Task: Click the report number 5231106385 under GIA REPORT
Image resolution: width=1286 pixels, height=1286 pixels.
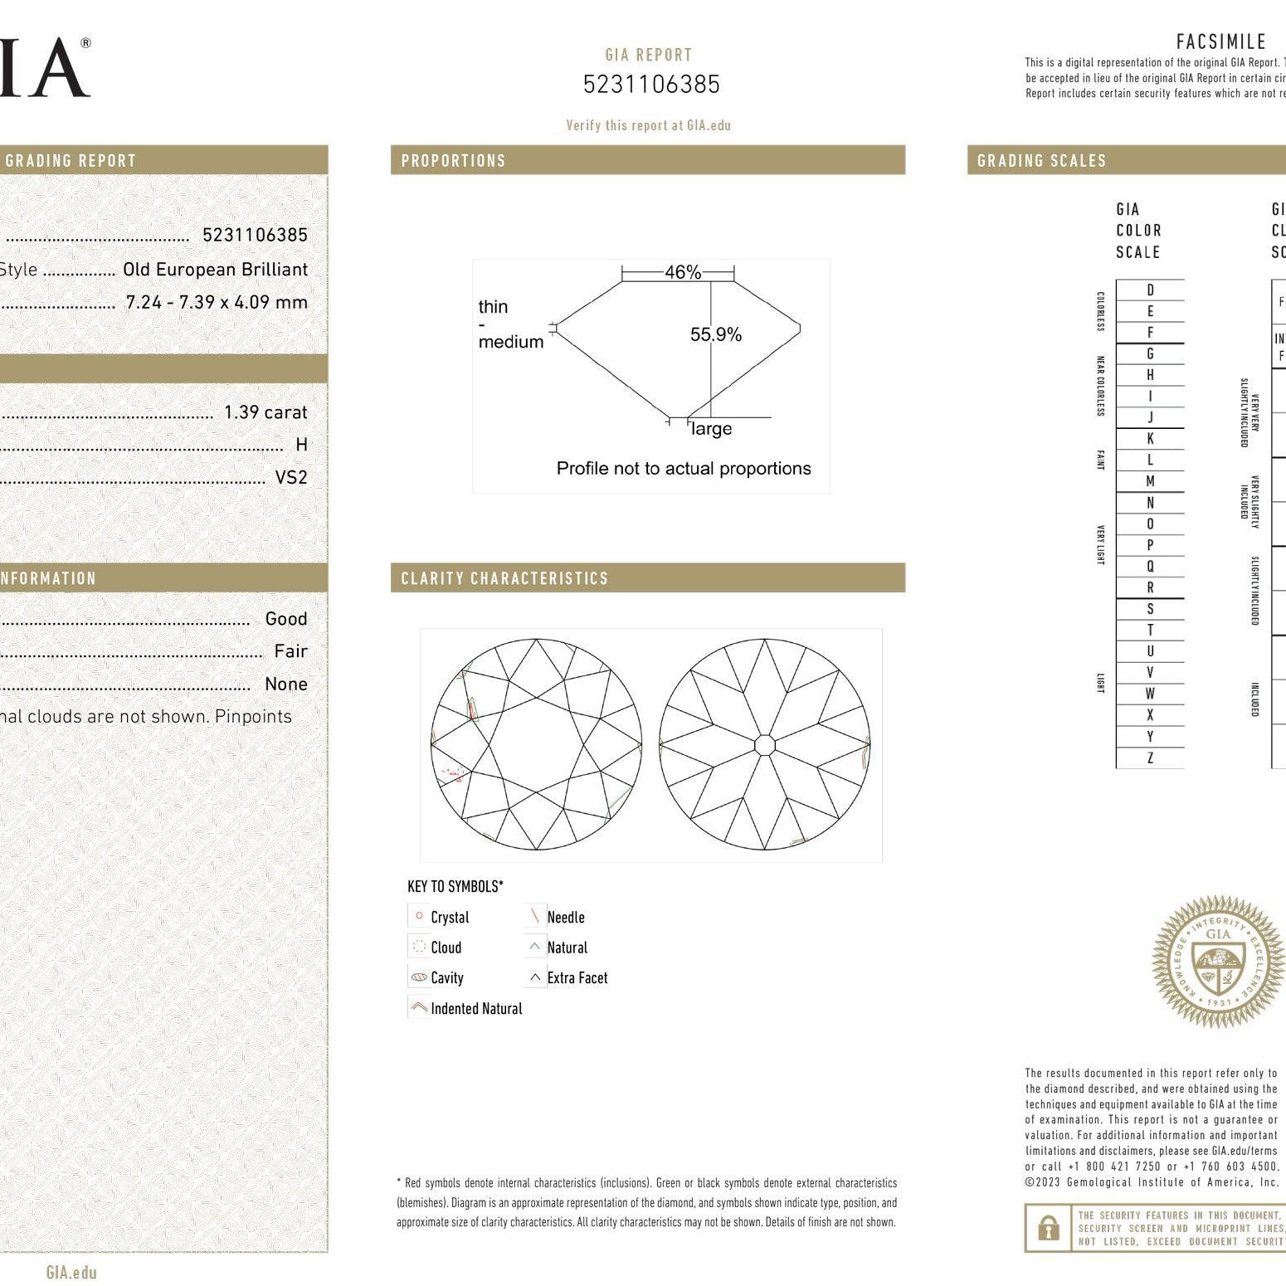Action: pos(651,85)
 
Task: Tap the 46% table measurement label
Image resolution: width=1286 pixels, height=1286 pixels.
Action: pos(683,272)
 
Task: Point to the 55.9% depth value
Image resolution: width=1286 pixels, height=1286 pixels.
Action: pos(715,334)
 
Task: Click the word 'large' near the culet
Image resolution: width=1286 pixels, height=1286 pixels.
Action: pos(712,429)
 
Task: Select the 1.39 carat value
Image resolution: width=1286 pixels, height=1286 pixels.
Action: pos(265,412)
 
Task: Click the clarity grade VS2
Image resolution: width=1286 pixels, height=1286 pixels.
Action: pos(291,478)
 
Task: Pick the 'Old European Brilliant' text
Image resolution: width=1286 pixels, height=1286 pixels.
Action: pos(215,270)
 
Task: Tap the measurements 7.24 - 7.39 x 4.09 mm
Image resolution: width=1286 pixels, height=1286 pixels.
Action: pos(217,302)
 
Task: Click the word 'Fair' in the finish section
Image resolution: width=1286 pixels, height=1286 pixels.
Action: pos(290,651)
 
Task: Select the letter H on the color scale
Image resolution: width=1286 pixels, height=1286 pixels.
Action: pos(1150,375)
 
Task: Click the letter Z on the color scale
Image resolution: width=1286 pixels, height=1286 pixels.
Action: pos(1150,757)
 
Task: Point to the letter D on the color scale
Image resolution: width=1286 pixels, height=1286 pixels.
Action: pos(1150,290)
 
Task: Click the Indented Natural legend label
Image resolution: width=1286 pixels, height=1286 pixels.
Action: pos(476,1009)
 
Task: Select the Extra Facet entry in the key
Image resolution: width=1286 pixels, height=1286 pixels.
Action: pos(577,978)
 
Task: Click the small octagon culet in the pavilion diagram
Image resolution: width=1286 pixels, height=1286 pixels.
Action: pos(764,744)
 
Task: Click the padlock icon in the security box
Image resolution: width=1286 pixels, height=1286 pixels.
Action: pos(1049,1228)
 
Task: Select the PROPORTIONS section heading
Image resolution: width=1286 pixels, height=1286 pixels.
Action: pos(453,161)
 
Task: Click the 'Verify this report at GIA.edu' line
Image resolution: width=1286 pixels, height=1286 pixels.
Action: pos(648,125)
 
